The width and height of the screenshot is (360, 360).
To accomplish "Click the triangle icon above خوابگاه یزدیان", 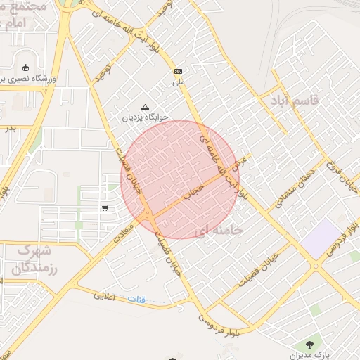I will pos(146,107).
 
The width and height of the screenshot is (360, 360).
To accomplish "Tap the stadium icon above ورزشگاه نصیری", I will pos(27,68).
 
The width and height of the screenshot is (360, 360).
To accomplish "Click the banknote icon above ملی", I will pos(178,71).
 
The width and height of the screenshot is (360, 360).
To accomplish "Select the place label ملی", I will pos(178,82).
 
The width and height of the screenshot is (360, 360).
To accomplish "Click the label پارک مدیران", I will pos(309,356).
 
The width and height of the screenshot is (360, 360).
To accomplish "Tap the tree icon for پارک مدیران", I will pos(309,345).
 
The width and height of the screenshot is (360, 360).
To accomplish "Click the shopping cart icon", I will pos(105,207).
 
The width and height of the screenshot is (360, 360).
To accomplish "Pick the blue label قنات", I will pos(137,300).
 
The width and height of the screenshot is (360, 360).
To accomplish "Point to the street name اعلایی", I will pos(107,296).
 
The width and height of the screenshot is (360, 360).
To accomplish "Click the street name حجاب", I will pos(195,191).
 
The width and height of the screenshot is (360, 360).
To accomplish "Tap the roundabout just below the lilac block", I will pos(316,265).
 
